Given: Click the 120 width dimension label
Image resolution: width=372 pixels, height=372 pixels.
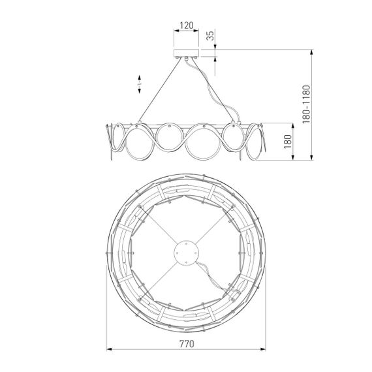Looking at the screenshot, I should (x=186, y=26).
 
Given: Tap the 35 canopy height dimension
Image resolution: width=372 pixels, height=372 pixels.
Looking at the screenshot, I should (x=211, y=37).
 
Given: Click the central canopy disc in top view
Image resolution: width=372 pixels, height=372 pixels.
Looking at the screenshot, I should (x=185, y=251).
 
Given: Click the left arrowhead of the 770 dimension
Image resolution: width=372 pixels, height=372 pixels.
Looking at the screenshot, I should (x=108, y=349).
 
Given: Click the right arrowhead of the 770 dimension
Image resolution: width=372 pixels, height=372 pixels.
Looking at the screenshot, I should (x=264, y=349).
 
